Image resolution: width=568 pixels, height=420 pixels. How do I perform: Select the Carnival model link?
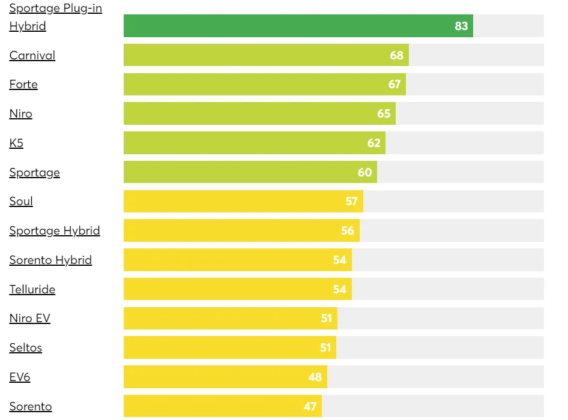click(x=32, y=55)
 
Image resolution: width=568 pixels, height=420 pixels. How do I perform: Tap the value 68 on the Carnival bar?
click(x=396, y=55)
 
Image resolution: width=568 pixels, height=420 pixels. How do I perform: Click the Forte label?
click(x=23, y=85)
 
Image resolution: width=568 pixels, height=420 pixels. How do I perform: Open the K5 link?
click(x=16, y=143)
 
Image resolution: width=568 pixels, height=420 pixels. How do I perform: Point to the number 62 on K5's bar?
click(x=373, y=143)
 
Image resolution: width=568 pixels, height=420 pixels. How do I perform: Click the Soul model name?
click(x=21, y=201)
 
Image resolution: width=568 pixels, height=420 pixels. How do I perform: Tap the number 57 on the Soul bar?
click(x=351, y=201)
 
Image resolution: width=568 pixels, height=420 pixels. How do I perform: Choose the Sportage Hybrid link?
click(x=55, y=230)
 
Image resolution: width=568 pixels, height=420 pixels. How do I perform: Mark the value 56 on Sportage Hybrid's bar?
click(x=347, y=230)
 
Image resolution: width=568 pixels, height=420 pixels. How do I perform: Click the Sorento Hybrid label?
click(x=50, y=260)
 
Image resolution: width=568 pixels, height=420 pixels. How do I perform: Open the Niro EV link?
click(x=29, y=318)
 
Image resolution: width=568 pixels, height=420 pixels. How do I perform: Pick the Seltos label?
click(x=25, y=347)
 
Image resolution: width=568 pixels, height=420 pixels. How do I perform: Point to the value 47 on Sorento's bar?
click(x=310, y=406)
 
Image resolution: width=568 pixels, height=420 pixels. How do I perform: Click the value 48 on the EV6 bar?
click(x=315, y=377)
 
